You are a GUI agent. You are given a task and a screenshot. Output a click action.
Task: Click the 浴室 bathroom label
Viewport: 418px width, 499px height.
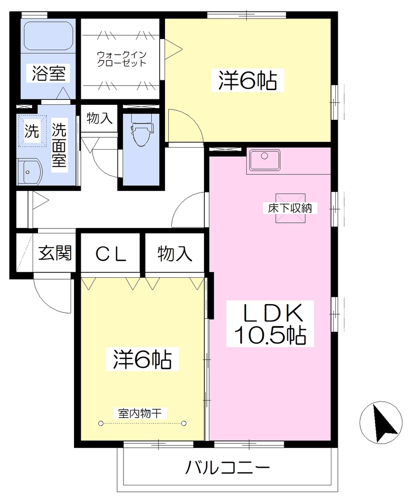[x=49, y=73]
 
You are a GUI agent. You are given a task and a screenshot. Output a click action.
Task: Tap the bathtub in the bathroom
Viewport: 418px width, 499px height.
[x=48, y=36]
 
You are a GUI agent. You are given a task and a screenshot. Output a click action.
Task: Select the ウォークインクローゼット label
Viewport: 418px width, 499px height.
[x=121, y=59]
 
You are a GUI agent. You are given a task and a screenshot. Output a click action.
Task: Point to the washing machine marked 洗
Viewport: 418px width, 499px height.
[x=32, y=131]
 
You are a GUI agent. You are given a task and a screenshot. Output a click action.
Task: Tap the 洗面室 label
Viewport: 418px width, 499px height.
[x=59, y=145]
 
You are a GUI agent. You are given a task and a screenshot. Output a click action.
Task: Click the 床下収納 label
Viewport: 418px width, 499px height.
[x=290, y=209]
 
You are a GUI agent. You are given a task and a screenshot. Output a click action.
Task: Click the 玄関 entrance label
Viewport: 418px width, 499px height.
[x=55, y=253]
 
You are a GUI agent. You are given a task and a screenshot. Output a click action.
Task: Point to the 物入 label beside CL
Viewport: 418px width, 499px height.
[x=175, y=254]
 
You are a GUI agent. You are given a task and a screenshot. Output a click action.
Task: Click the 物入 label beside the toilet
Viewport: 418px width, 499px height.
[x=99, y=118]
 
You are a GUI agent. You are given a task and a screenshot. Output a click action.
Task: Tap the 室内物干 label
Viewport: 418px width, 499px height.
[x=140, y=413]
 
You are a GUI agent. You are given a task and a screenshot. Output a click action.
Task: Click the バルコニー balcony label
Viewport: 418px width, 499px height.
[x=228, y=468]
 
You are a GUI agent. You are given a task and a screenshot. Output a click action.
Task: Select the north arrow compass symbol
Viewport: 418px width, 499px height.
[x=381, y=422]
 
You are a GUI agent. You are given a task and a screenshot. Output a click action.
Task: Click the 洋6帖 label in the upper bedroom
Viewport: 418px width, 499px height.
[x=248, y=81]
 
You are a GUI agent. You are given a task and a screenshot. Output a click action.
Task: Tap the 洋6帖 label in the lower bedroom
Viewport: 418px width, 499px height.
[x=143, y=360]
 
